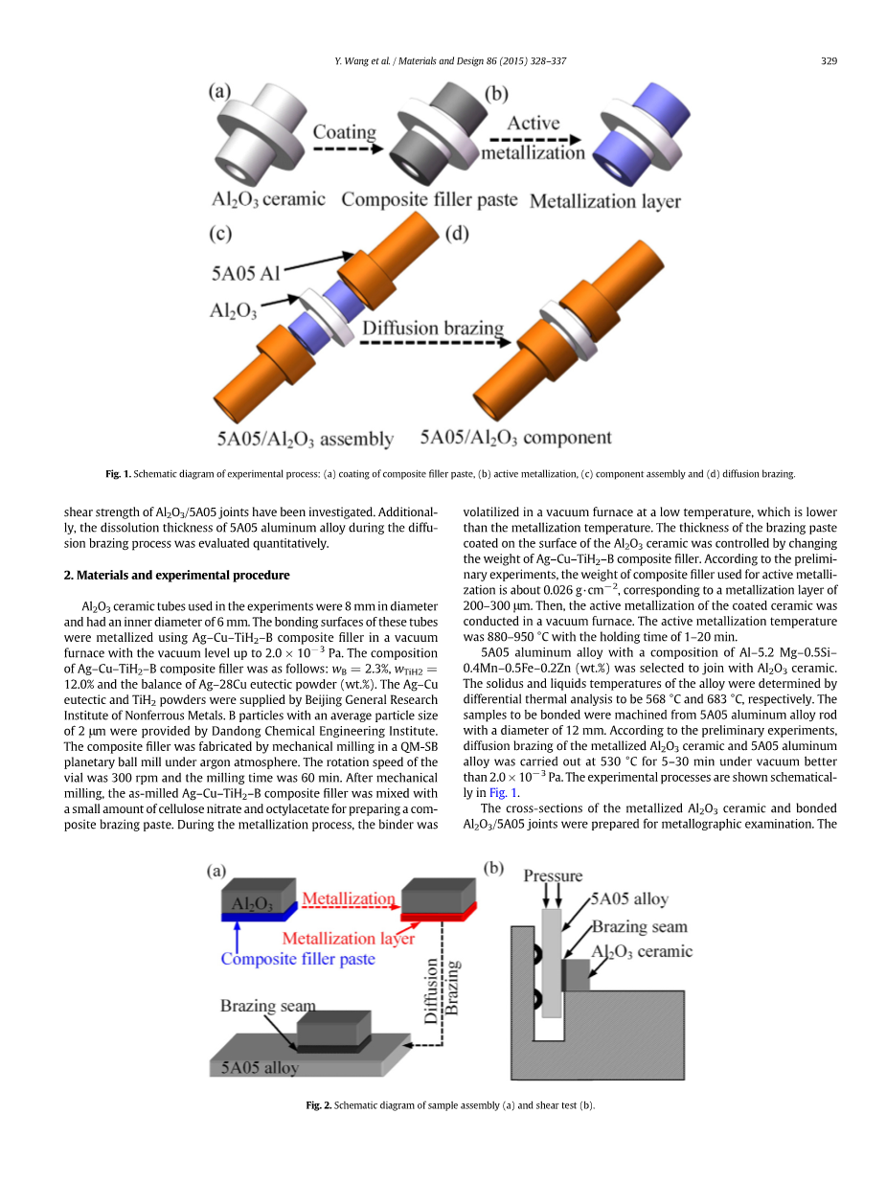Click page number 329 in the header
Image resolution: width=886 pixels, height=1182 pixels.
[829, 61]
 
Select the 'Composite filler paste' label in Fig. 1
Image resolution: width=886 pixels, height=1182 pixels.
[429, 200]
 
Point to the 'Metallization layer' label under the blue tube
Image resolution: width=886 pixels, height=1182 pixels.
[604, 201]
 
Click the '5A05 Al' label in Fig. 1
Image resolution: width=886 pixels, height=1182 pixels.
[245, 273]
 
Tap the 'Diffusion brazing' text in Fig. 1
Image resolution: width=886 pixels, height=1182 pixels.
[432, 329]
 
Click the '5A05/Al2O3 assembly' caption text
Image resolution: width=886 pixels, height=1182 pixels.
[305, 440]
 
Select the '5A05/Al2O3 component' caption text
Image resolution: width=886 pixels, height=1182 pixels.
[515, 438]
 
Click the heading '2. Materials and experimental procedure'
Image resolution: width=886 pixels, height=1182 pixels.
[176, 575]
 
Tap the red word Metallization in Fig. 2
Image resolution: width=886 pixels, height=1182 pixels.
[348, 898]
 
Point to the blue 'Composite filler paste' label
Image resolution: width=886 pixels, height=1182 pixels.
[298, 959]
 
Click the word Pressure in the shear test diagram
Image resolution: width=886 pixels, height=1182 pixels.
[553, 875]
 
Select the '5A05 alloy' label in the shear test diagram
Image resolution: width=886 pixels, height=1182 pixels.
[629, 899]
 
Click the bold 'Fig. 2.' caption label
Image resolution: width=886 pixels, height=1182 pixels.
[318, 1105]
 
